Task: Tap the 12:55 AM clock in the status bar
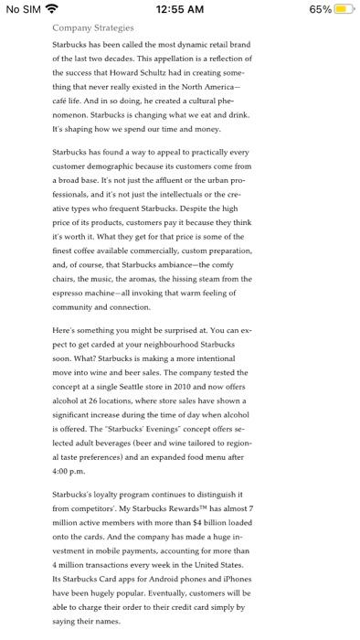(180, 9)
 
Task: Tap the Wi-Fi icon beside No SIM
(51, 9)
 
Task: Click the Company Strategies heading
(93, 28)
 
